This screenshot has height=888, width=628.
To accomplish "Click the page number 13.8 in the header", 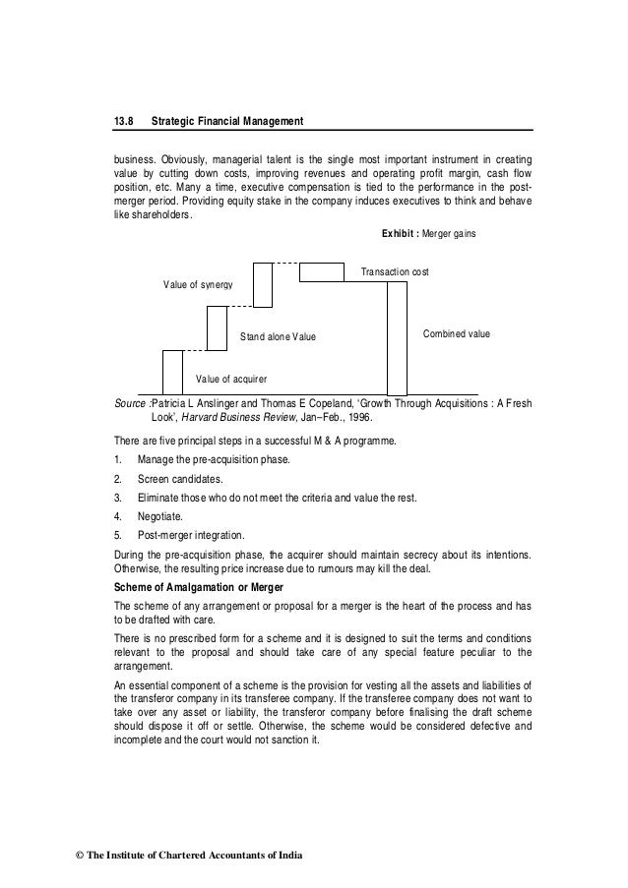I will (x=123, y=121).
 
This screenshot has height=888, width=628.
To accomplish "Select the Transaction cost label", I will (x=396, y=270).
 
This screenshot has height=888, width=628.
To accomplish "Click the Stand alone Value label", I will (x=279, y=336).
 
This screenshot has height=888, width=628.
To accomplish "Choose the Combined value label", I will (x=456, y=334).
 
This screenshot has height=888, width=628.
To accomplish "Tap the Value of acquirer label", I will (x=231, y=378).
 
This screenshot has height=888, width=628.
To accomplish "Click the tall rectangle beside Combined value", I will (x=397, y=338).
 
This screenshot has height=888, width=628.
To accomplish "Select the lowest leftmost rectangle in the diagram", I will (x=172, y=372).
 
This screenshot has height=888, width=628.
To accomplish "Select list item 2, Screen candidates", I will (x=180, y=479).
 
